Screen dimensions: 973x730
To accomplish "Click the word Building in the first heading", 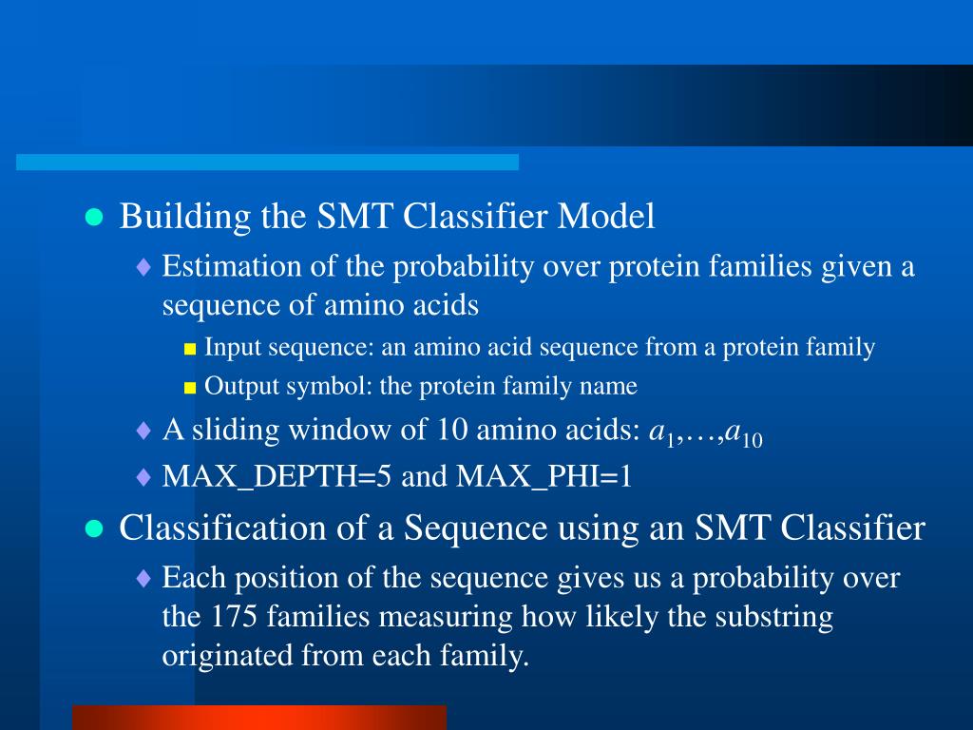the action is point(185,217).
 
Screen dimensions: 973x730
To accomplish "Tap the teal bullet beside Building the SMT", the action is point(94,218).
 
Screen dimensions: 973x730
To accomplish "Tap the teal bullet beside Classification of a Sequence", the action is point(94,528).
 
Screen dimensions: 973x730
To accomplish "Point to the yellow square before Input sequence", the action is point(190,350).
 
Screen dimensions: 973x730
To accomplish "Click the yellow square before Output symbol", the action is point(190,389).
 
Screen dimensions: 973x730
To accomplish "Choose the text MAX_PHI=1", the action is point(544,476).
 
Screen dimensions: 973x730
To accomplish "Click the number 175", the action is point(234,616).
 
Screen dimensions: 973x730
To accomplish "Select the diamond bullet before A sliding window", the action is point(143,431).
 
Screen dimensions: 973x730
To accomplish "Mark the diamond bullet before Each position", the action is point(143,579).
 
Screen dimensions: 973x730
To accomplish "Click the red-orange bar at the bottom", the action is point(259,718).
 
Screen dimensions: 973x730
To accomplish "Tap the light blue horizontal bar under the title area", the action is point(267,162).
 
